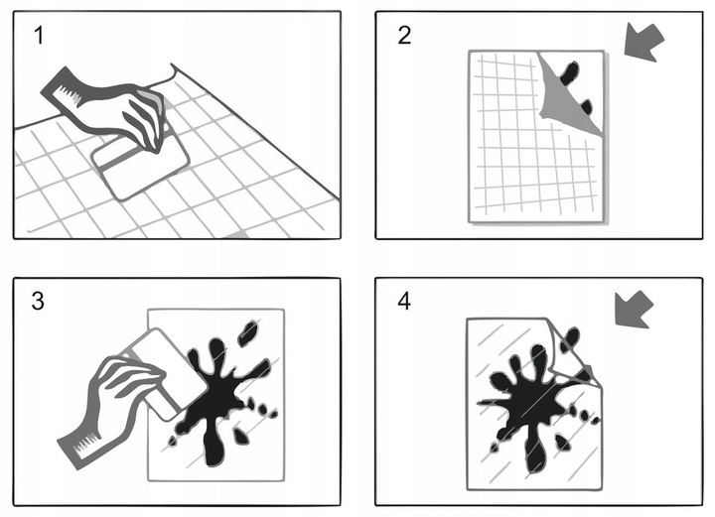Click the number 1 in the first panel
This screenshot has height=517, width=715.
pos(39,35)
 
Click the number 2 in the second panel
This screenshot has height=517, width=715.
pos(404,35)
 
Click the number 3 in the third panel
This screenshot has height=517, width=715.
pos(38,301)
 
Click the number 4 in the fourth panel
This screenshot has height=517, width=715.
pos(404,301)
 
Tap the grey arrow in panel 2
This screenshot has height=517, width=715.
pos(643,42)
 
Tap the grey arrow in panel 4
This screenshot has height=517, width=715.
pos(634,310)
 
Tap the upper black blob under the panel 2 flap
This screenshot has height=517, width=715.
pos(570,72)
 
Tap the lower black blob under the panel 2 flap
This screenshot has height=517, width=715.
pos(586,107)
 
